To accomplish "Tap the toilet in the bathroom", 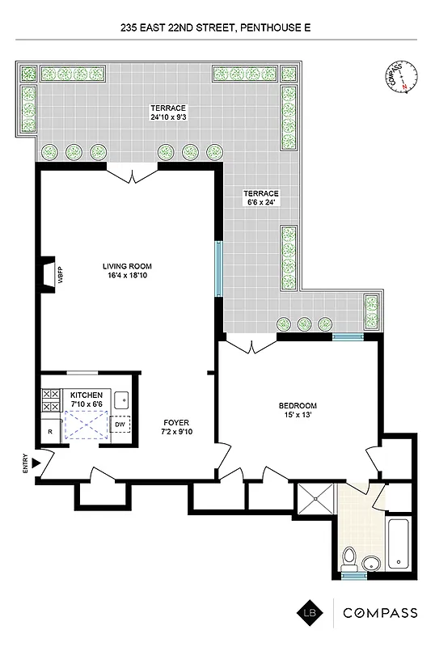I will click(349, 558).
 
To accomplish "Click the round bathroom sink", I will click(373, 564).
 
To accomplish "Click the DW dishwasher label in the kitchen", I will click(120, 423).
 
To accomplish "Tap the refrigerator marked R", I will click(50, 432).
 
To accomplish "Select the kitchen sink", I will click(120, 398).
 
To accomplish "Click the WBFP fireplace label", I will click(60, 273).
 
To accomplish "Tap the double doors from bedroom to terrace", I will click(251, 345).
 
